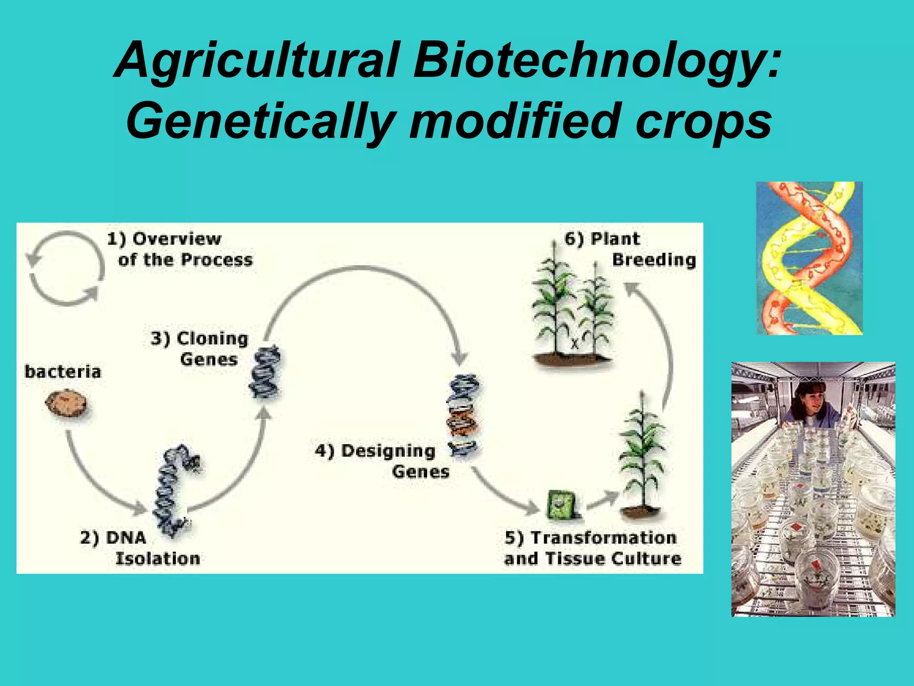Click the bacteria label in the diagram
pyautogui.click(x=63, y=372)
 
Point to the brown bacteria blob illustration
pyautogui.click(x=66, y=404)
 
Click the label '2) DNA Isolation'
pyautogui.click(x=140, y=548)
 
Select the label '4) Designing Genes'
pyautogui.click(x=382, y=461)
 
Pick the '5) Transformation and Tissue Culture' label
pyautogui.click(x=592, y=548)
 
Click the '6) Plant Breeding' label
pyautogui.click(x=629, y=249)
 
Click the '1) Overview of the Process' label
pyautogui.click(x=179, y=249)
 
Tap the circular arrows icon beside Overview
pyautogui.click(x=65, y=268)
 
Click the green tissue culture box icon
pyautogui.click(x=562, y=505)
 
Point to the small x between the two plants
pyautogui.click(x=574, y=344)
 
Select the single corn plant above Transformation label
pyautogui.click(x=641, y=456)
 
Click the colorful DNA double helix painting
pyautogui.click(x=809, y=258)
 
